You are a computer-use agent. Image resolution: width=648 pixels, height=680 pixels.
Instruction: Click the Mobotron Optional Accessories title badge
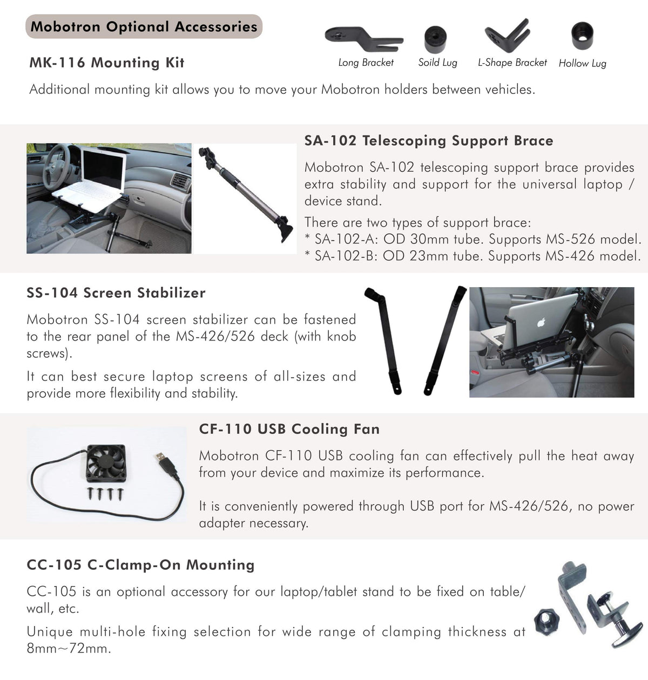(144, 26)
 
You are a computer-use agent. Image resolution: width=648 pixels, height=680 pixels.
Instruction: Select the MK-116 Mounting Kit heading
(107, 63)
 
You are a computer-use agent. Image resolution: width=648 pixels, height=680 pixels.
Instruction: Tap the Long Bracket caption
(366, 63)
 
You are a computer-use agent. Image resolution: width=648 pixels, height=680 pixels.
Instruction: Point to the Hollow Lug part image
(582, 36)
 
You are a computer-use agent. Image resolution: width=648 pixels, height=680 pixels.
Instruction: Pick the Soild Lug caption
(437, 63)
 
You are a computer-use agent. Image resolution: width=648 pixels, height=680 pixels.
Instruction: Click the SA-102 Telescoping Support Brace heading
(429, 141)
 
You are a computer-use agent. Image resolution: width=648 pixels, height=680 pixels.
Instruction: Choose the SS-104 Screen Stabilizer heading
(116, 293)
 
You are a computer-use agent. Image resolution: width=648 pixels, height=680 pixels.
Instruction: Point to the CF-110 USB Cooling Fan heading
(289, 429)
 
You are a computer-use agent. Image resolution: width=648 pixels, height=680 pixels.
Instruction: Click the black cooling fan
(107, 464)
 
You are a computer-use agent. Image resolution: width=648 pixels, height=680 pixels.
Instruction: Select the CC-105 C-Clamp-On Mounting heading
(140, 565)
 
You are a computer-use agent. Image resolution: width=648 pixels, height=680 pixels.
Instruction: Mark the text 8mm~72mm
(69, 648)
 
